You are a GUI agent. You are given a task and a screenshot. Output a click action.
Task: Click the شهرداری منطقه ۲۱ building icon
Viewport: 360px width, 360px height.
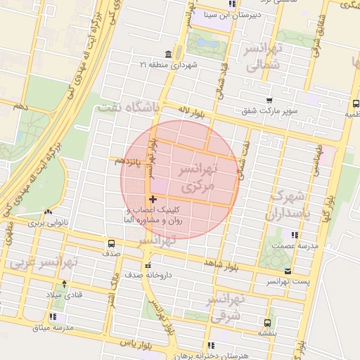167,55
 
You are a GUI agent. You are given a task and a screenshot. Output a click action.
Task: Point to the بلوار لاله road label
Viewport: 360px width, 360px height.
193,110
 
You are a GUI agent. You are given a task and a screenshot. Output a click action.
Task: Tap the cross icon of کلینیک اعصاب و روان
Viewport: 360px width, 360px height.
153,200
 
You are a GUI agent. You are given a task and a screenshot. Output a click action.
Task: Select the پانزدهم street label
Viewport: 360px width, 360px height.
128,162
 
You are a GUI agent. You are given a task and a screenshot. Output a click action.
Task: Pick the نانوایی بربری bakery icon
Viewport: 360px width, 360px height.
48,212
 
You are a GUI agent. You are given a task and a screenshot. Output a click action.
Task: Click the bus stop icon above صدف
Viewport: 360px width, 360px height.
111,242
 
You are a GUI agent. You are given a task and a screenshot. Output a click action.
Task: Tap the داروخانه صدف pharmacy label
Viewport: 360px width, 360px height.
147,276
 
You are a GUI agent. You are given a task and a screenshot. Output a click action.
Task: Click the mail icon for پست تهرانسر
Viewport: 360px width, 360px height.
287,271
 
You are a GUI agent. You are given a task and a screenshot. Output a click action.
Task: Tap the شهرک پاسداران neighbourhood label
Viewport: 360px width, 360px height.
289,203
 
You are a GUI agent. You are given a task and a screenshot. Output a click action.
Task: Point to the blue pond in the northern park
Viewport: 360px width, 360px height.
207,43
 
